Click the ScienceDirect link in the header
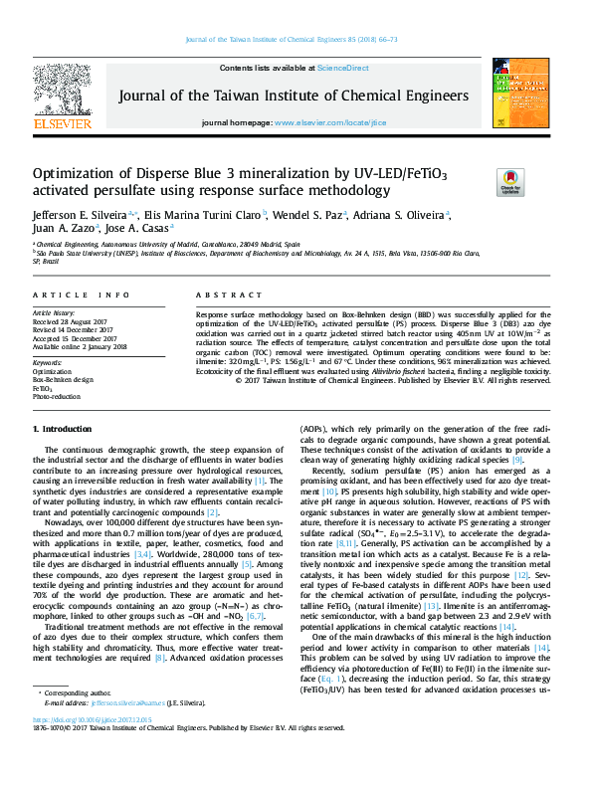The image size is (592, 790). point(343,68)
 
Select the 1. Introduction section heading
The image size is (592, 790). point(63,456)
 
